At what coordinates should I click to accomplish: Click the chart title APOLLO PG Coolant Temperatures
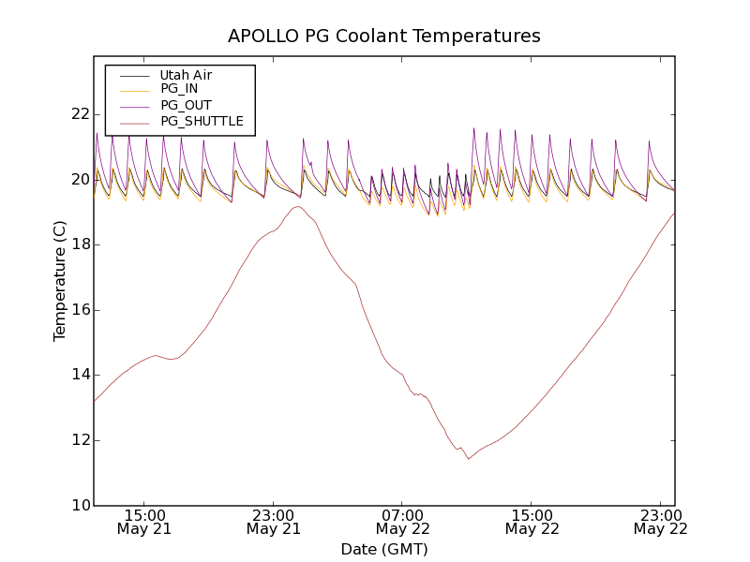(384, 37)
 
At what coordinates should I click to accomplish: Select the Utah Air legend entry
(186, 75)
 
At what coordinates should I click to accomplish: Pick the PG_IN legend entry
(179, 89)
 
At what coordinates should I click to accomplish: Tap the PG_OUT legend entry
(186, 105)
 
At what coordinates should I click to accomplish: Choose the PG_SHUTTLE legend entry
(202, 121)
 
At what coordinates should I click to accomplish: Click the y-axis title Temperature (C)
(60, 281)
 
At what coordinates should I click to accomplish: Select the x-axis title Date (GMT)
(384, 550)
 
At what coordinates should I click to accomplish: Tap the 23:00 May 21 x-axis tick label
(274, 522)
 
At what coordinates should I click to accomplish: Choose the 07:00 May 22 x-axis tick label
(402, 522)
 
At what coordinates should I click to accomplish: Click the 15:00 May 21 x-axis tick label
(144, 522)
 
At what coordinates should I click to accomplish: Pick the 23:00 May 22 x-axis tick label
(660, 522)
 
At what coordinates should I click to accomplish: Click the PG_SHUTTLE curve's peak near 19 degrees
(297, 207)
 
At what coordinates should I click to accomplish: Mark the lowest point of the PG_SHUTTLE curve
(469, 458)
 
